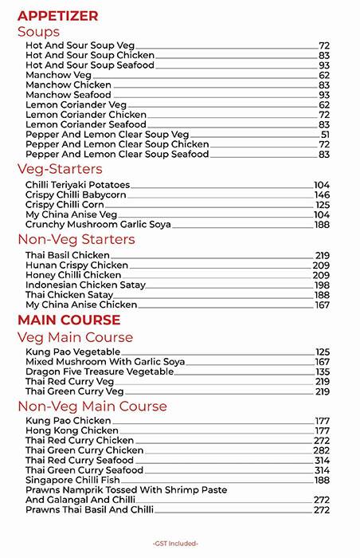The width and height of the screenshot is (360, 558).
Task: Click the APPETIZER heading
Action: point(57,15)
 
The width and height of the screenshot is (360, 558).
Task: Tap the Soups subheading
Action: point(49,32)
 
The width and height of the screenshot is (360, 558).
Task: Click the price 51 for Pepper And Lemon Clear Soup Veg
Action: point(324,135)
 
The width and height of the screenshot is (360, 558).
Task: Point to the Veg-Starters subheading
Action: point(59,169)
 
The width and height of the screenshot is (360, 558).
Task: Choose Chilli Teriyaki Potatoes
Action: point(77,185)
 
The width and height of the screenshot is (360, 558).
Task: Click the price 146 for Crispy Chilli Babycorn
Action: point(322,195)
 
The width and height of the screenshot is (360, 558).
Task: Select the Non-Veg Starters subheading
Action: point(76,239)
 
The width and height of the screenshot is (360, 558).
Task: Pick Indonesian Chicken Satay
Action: point(83,285)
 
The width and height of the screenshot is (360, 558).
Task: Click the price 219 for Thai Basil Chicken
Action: point(322,255)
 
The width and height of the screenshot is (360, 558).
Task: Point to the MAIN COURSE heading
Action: point(68,320)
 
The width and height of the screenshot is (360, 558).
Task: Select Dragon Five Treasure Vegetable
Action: point(100,371)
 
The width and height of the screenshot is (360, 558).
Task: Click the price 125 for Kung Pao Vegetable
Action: point(322,352)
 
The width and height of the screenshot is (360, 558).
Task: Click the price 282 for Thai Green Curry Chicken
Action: point(322,450)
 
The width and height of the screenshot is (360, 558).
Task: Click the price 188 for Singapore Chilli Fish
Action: point(322,480)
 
